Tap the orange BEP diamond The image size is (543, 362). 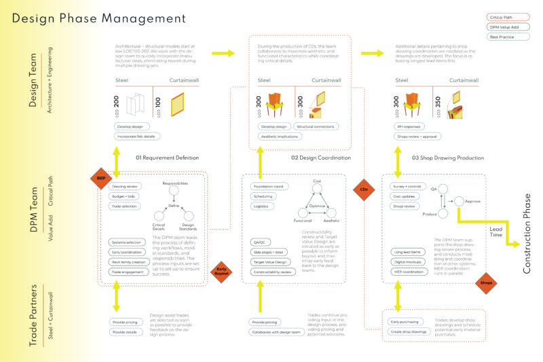[101, 179]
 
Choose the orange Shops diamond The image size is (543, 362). [486, 283]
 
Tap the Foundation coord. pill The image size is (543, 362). [267, 186]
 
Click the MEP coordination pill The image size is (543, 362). [411, 272]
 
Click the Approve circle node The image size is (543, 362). [460, 201]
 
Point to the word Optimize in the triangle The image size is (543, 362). [317, 204]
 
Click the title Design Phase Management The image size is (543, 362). [98, 18]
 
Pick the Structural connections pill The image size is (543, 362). [315, 126]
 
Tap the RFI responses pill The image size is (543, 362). [408, 126]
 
